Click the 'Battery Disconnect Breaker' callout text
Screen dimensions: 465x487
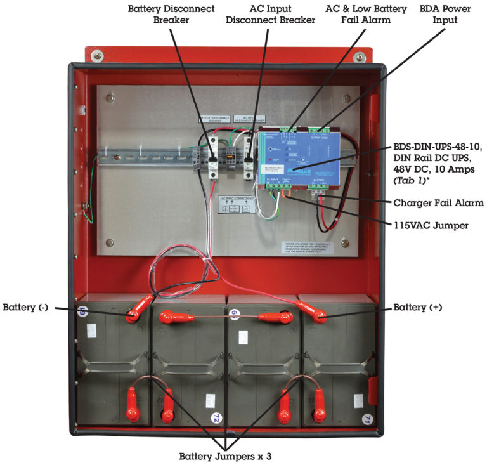(x=171, y=14)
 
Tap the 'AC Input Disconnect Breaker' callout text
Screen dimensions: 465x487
(x=270, y=14)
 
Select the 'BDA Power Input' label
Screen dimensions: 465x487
(x=447, y=14)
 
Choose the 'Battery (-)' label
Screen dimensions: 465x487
(x=25, y=308)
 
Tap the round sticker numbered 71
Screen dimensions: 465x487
(x=366, y=418)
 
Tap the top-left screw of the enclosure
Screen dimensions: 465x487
(x=97, y=56)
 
